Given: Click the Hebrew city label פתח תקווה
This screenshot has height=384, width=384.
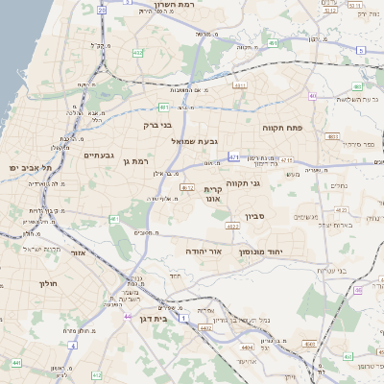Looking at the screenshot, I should [x=282, y=127].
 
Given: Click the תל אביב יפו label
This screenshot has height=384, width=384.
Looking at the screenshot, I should [x=31, y=169].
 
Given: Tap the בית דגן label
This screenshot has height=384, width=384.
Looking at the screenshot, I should [x=154, y=318].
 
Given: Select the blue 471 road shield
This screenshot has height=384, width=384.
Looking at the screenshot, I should [x=234, y=156].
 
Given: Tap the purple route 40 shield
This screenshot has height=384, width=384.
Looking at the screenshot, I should [x=313, y=96].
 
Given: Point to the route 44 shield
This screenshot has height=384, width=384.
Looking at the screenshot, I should [x=127, y=315].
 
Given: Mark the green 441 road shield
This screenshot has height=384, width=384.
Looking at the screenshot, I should [x=17, y=363].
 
